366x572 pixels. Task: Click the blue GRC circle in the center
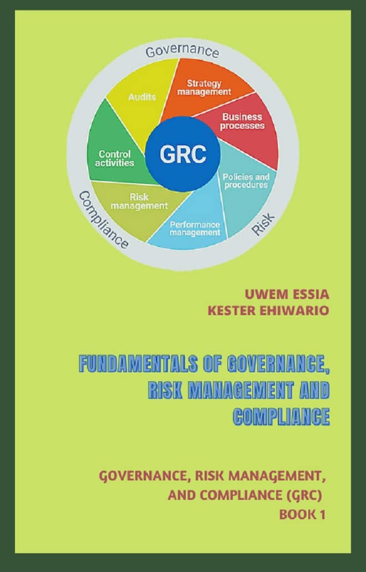182,154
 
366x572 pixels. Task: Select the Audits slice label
142,97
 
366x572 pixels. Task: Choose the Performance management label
195,228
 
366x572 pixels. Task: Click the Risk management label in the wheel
139,201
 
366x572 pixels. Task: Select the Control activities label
115,158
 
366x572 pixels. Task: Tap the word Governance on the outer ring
182,52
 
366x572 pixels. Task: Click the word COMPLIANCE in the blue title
281,416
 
